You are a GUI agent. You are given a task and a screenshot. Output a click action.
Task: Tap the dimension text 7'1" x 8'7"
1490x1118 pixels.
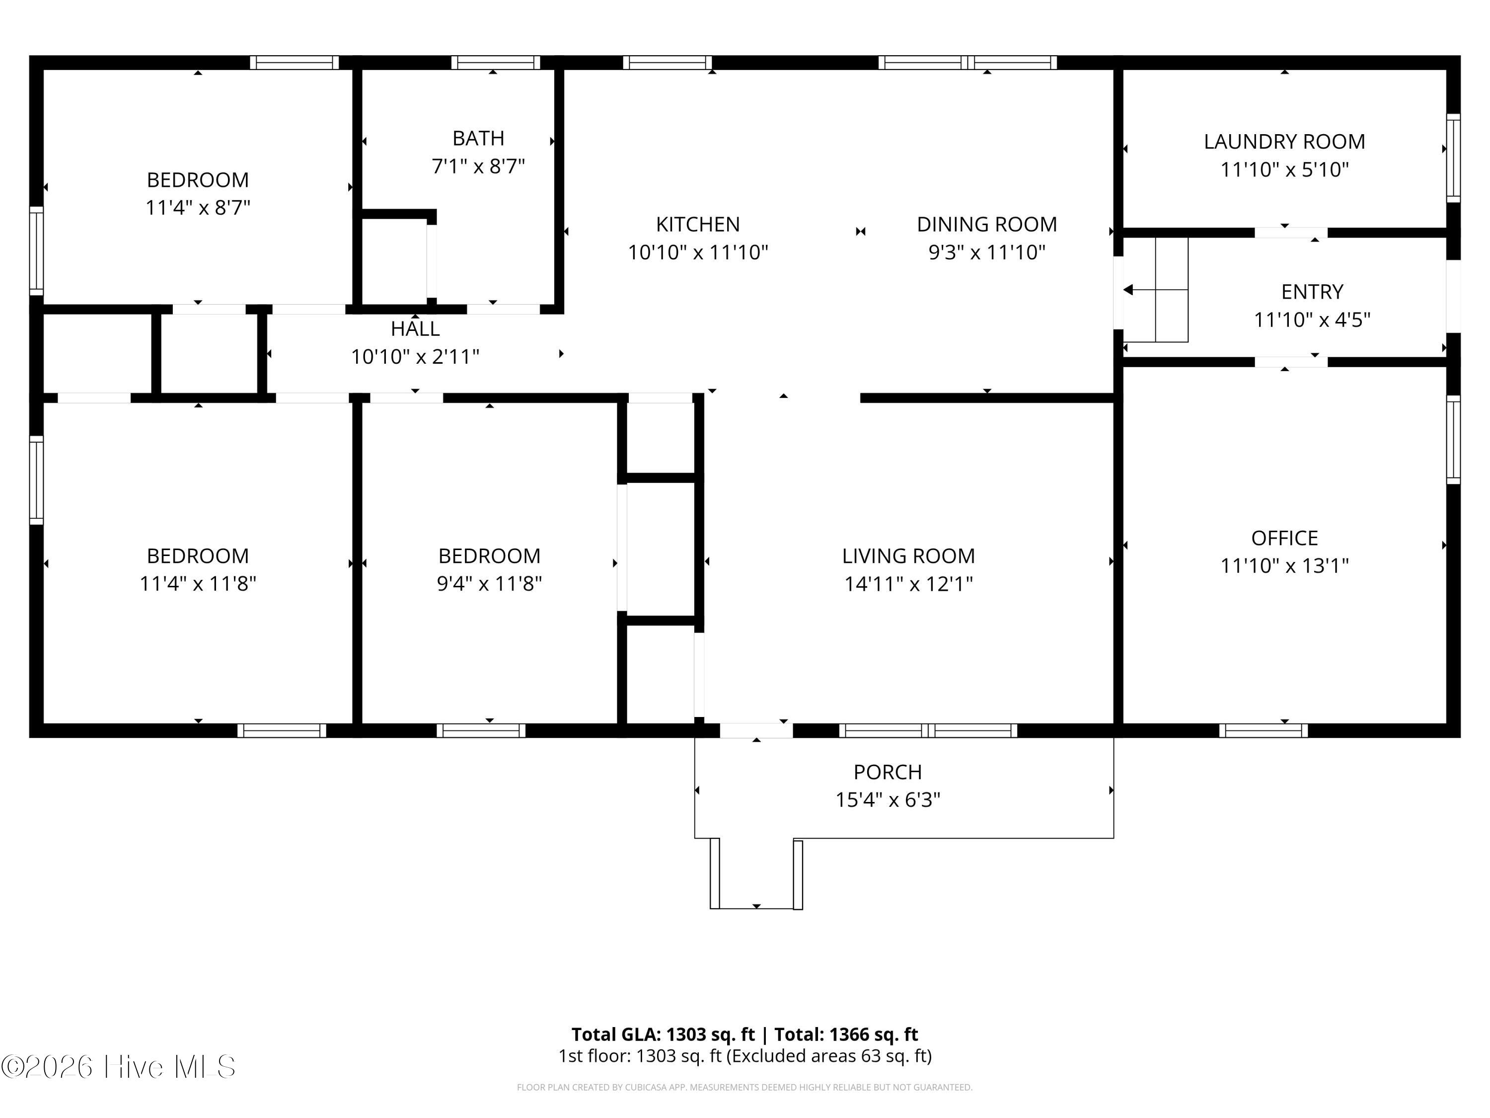(x=478, y=166)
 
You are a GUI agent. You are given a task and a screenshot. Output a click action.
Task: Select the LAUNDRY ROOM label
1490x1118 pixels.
(x=1284, y=142)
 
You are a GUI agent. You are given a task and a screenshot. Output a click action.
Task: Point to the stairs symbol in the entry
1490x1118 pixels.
(x=1156, y=290)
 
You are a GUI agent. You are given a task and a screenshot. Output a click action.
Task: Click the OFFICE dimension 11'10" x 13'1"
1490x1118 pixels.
(x=1284, y=565)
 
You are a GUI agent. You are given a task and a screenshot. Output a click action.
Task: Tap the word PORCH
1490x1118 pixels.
(x=887, y=772)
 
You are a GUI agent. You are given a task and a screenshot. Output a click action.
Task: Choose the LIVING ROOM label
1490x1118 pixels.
(x=908, y=556)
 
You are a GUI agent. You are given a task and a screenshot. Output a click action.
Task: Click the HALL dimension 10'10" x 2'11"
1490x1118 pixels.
(x=415, y=356)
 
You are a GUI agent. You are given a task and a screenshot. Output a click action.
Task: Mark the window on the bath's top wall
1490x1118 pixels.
(x=495, y=63)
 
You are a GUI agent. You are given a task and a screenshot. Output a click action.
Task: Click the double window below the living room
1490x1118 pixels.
(x=928, y=730)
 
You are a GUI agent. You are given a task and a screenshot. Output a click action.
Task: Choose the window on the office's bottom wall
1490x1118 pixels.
(x=1263, y=730)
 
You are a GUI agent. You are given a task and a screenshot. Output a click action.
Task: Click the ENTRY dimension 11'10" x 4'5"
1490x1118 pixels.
(x=1312, y=319)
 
